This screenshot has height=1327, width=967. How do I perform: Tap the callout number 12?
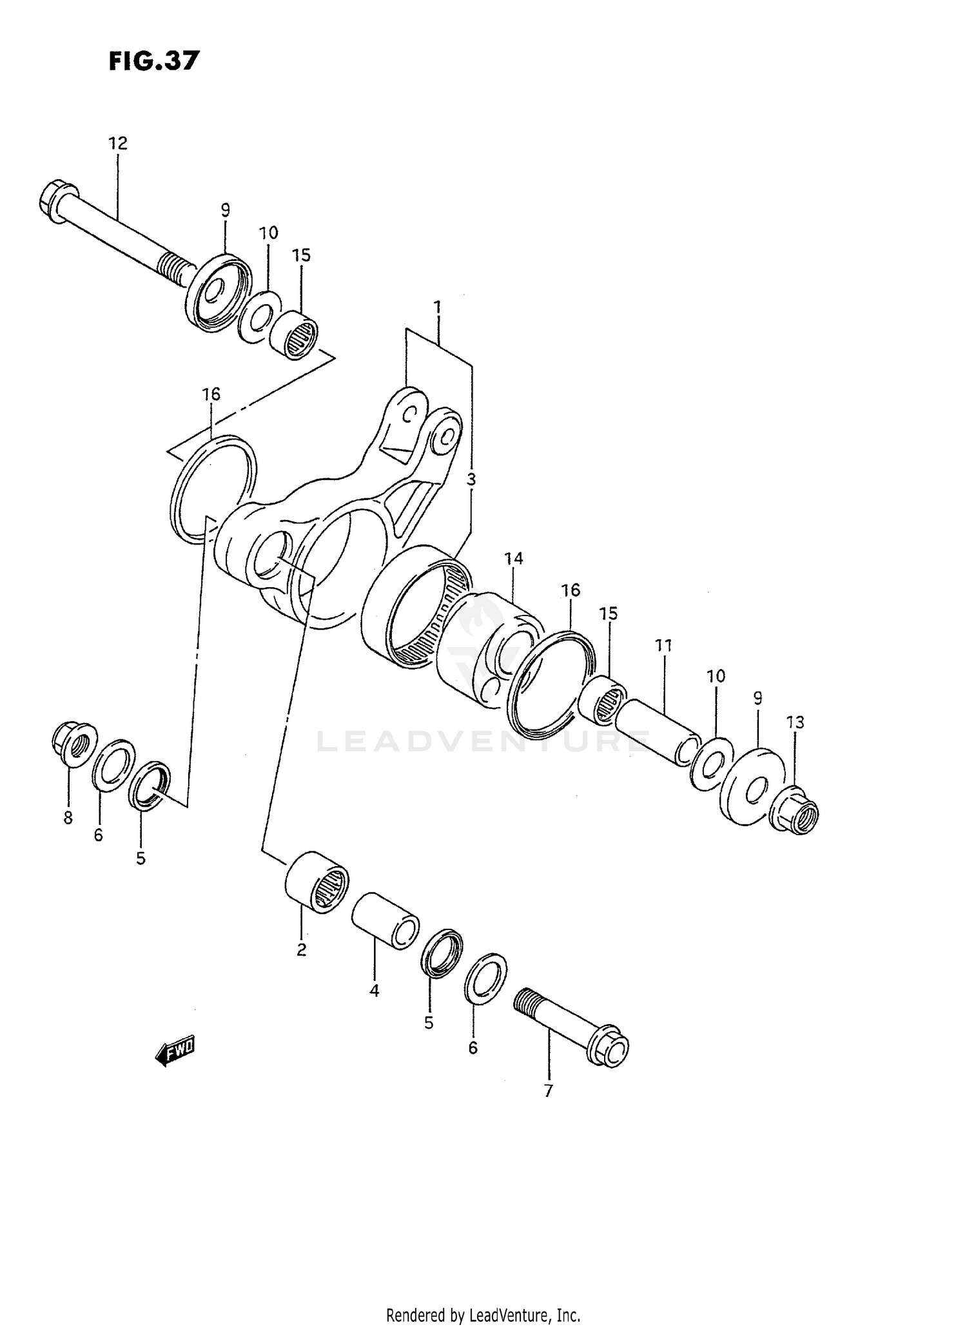point(118,143)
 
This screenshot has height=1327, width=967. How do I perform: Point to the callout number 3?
point(471,479)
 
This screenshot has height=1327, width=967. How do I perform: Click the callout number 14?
point(514,559)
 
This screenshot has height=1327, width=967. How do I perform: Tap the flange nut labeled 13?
point(794,812)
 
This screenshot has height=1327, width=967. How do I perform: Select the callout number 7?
point(548,1091)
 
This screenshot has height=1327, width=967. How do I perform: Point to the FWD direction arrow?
point(175,1052)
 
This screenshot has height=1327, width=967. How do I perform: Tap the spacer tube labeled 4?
point(386,920)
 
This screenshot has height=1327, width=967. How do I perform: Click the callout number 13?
point(796,722)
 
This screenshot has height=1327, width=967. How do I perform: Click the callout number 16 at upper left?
point(211,394)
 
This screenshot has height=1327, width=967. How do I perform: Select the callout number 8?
point(68,818)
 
